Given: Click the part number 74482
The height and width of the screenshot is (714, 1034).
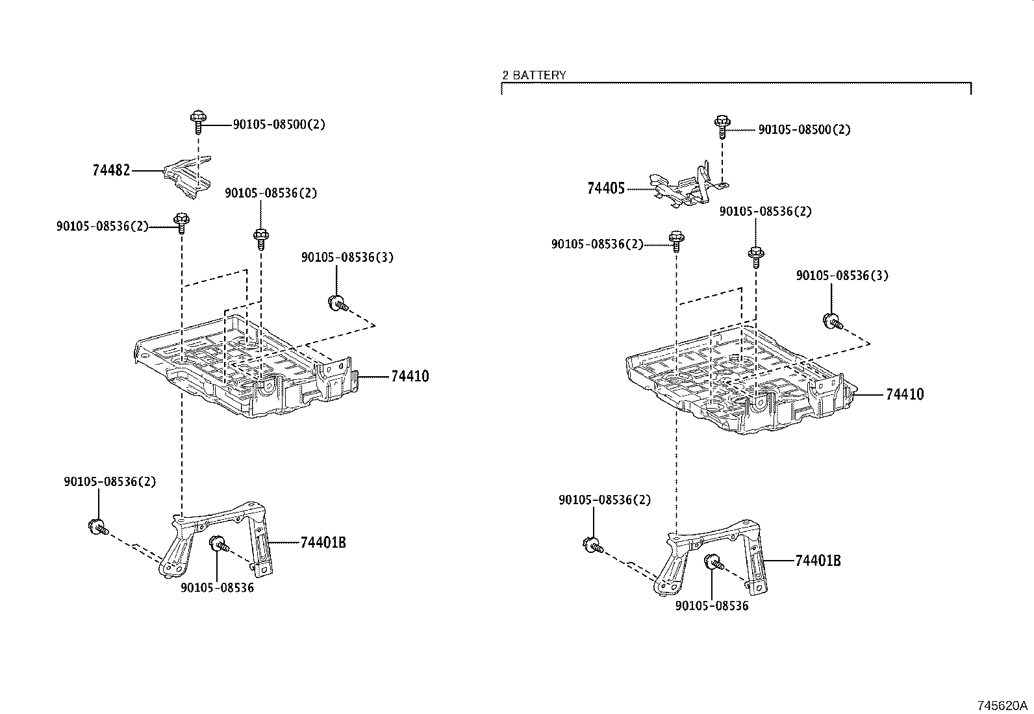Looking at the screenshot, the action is pyautogui.click(x=111, y=170).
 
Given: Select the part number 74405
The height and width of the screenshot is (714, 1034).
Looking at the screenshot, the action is pyautogui.click(x=605, y=188).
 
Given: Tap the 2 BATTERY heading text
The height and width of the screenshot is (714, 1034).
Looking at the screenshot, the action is pyautogui.click(x=534, y=75).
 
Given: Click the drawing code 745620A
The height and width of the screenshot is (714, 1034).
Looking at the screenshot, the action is pyautogui.click(x=1002, y=706).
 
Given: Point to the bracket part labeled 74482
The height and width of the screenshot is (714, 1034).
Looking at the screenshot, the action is pyautogui.click(x=187, y=178).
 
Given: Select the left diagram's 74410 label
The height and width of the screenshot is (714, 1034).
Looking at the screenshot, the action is pyautogui.click(x=410, y=376).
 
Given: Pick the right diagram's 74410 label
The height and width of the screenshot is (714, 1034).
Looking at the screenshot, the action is pyautogui.click(x=905, y=394).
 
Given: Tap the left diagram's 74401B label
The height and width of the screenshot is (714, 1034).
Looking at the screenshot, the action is pyautogui.click(x=323, y=542).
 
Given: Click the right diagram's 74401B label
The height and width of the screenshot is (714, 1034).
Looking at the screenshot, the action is pyautogui.click(x=818, y=561).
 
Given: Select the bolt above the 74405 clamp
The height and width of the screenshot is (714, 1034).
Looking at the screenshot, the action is pyautogui.click(x=722, y=127).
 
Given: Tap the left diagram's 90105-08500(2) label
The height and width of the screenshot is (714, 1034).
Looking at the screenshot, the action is pyautogui.click(x=279, y=124).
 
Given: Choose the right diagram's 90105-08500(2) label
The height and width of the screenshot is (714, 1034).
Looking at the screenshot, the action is pyautogui.click(x=804, y=129).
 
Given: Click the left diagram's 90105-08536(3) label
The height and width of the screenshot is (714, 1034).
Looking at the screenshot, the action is pyautogui.click(x=347, y=257).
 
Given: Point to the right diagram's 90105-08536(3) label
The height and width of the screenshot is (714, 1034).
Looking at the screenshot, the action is pyautogui.click(x=842, y=275).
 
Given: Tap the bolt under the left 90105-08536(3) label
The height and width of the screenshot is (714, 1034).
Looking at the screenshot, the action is pyautogui.click(x=338, y=303).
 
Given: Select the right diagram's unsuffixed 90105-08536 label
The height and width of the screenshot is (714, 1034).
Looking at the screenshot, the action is pyautogui.click(x=712, y=606).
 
